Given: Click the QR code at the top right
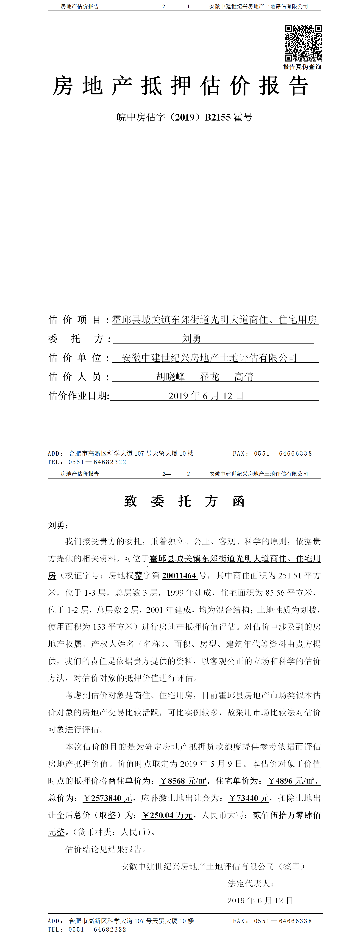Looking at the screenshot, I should click(x=303, y=43).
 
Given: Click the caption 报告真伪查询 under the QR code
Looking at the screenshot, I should click(x=302, y=67).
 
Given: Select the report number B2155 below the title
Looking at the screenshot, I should click(x=218, y=117).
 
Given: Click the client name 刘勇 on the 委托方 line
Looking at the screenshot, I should click(x=192, y=339).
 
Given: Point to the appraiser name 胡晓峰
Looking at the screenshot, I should click(x=170, y=377).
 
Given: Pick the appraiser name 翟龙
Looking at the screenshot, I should click(x=210, y=377).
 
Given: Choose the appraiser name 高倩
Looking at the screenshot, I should click(x=244, y=377).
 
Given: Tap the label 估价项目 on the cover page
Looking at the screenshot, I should click(x=75, y=320).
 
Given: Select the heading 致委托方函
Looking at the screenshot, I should click(x=184, y=501).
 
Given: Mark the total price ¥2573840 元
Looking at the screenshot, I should click(x=108, y=798).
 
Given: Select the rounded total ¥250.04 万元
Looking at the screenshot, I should click(x=167, y=815).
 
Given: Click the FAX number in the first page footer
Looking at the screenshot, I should click(x=283, y=453).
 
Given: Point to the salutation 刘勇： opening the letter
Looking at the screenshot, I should click(x=58, y=525).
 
